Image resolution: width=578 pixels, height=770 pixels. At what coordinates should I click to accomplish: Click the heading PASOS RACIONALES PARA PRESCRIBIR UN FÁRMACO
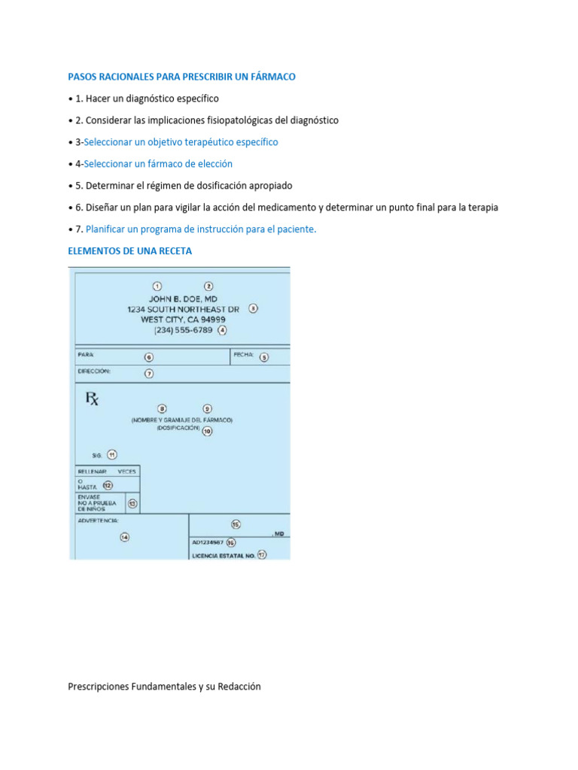coord(181,77)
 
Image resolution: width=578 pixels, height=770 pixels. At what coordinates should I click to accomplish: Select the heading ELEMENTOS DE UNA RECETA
coord(129,251)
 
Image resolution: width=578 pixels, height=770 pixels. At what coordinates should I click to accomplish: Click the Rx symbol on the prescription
coord(91,399)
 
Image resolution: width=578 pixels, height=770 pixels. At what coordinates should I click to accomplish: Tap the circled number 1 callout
coord(157,286)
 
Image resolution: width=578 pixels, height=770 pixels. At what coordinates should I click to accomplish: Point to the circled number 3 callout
coord(253,308)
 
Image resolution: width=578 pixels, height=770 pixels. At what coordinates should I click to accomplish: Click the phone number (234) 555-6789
coord(183,330)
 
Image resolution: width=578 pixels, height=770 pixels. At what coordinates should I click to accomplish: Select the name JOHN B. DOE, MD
coord(183,299)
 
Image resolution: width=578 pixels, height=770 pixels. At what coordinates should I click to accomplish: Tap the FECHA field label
coord(243,354)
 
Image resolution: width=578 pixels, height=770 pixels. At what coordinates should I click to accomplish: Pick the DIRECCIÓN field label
coord(93,371)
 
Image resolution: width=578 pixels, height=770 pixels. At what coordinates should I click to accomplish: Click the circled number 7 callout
coord(149,374)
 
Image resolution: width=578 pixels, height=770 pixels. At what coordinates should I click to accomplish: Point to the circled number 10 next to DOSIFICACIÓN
coord(207,431)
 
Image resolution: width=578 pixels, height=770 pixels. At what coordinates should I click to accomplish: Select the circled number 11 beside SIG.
coord(111,454)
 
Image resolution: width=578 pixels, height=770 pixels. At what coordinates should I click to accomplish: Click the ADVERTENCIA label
coord(97,520)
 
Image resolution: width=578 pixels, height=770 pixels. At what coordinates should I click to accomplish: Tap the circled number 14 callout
coord(124,537)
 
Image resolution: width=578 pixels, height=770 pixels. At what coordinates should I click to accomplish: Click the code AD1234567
coord(208,541)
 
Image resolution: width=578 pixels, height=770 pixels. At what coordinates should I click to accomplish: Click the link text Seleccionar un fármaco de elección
coord(158,164)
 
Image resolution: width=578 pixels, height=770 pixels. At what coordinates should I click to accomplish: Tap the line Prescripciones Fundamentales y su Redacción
coord(164,687)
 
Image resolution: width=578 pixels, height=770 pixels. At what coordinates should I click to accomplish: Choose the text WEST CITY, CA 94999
coord(183,319)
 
